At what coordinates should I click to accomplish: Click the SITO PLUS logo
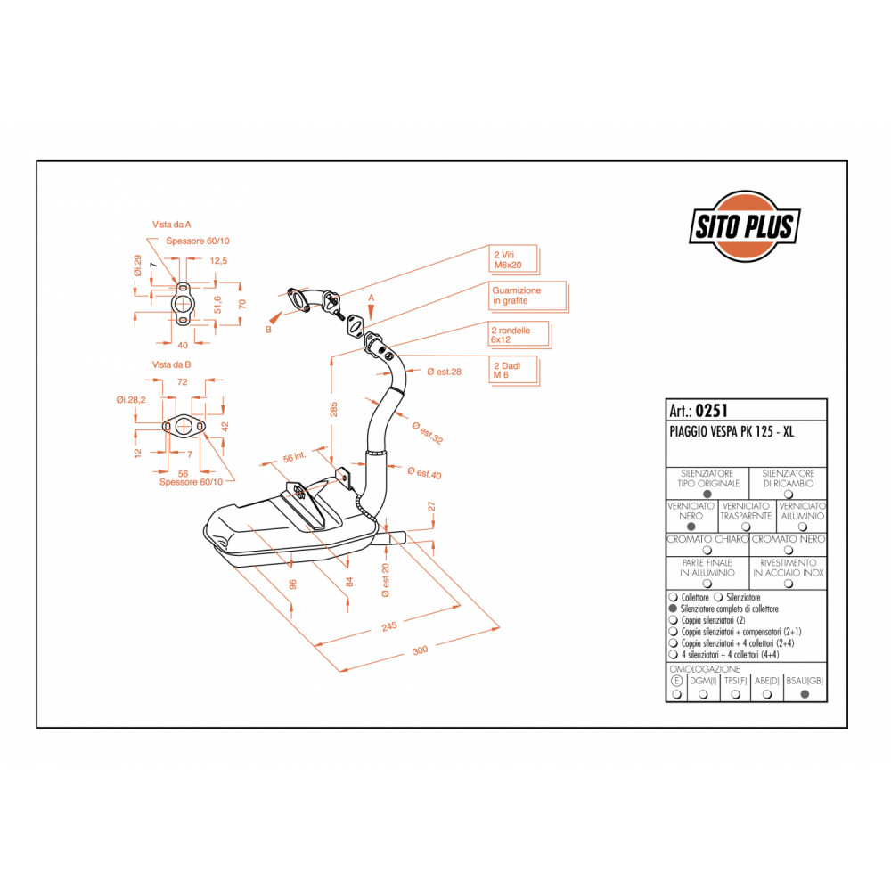pyautogui.click(x=745, y=226)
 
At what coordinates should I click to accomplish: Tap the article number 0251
pyautogui.click(x=711, y=410)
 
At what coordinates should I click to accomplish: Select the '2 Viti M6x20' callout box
pyautogui.click(x=513, y=259)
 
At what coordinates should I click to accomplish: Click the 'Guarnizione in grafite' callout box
pyautogui.click(x=527, y=296)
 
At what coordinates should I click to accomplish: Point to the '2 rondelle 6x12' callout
pyautogui.click(x=519, y=335)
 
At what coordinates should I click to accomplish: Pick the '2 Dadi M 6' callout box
pyautogui.click(x=513, y=371)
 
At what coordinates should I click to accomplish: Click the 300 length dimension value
pyautogui.click(x=420, y=650)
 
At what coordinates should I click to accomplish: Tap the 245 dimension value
pyautogui.click(x=389, y=626)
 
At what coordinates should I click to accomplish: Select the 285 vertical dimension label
pyautogui.click(x=333, y=409)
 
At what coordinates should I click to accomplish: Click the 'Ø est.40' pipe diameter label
pyautogui.click(x=424, y=473)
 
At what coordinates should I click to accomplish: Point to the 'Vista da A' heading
pyautogui.click(x=172, y=225)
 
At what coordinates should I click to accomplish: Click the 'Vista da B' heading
pyautogui.click(x=172, y=364)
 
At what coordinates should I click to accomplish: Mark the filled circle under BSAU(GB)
pyautogui.click(x=805, y=694)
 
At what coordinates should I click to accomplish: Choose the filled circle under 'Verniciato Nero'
pyautogui.click(x=691, y=527)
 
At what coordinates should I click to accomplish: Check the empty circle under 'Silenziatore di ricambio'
pyautogui.click(x=789, y=495)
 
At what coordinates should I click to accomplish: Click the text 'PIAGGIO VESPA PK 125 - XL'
pyautogui.click(x=732, y=432)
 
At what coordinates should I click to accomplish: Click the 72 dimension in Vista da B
pyautogui.click(x=183, y=382)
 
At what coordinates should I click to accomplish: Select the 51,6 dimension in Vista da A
pyautogui.click(x=217, y=305)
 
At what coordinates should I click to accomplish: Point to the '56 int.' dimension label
pyautogui.click(x=294, y=456)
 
